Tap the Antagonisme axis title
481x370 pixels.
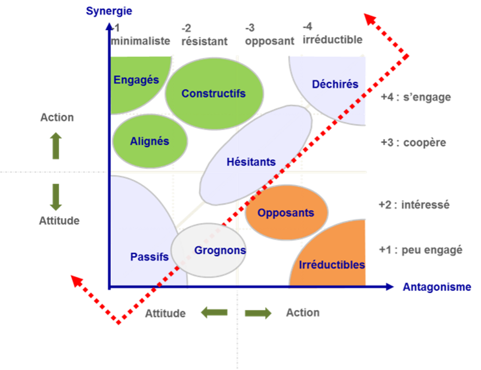coord(436,287)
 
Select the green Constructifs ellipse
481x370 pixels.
coord(214,93)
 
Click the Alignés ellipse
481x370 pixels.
coord(149,142)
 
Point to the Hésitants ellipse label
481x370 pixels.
coord(251,162)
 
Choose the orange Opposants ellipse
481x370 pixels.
coord(286,213)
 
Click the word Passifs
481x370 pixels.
coord(149,257)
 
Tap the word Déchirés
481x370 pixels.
coord(335,84)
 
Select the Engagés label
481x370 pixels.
coord(136,80)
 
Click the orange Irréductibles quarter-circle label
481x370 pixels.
coord(332,265)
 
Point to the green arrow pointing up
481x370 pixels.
coord(56,146)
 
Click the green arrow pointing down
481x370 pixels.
coord(56,197)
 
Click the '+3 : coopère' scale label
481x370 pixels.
coord(413,143)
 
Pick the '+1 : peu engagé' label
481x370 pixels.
coord(421,250)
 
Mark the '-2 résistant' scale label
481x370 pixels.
coord(205,36)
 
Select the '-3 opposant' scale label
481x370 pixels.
coord(269,36)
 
